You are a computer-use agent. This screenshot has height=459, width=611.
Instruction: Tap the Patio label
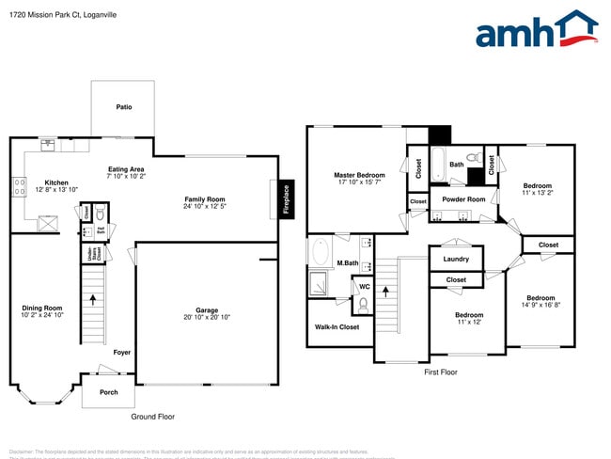[x=124, y=107]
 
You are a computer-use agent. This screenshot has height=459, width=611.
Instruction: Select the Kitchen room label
[x=56, y=182]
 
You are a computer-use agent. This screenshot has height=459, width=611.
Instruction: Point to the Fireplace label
[x=287, y=198]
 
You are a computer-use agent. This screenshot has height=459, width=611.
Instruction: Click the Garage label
[x=207, y=310]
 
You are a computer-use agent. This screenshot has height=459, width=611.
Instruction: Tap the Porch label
[x=109, y=391]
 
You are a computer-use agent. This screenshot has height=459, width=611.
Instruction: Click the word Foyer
[x=122, y=353]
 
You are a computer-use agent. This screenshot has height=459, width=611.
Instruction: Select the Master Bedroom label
[x=359, y=175]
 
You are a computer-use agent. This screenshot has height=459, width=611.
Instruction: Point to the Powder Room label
[x=463, y=199]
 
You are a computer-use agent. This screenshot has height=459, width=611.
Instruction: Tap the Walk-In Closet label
[x=337, y=327]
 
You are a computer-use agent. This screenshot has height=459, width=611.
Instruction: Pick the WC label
[x=365, y=286]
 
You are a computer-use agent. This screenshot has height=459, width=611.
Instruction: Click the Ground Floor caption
[x=152, y=416]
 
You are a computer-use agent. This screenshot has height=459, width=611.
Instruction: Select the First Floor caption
[x=440, y=372]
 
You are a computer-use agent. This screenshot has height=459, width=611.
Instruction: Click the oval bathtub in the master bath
[x=321, y=253]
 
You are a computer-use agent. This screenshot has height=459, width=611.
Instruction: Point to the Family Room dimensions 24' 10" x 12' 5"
[x=204, y=207]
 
